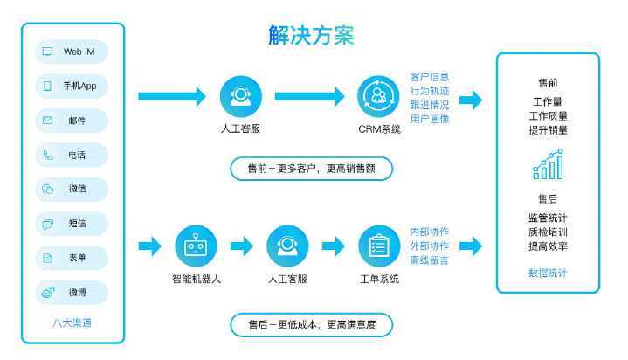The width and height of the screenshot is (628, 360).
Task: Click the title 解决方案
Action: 311,36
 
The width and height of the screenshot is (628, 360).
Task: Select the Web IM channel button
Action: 72,52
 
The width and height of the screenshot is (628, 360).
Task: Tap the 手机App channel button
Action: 72,86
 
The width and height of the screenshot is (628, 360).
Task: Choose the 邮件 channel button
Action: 72,121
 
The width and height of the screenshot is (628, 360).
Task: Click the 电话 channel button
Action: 72,155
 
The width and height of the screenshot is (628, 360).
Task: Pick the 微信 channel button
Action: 72,189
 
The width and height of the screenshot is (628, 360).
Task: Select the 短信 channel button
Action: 72,224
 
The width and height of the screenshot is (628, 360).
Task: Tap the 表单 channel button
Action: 72,258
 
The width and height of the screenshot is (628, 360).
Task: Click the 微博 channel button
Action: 72,292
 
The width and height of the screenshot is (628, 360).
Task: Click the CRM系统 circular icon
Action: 378,97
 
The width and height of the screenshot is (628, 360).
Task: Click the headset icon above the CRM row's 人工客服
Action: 240,97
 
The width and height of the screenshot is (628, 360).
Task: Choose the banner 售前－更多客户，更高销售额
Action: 311,169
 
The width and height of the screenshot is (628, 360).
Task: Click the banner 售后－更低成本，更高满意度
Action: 311,325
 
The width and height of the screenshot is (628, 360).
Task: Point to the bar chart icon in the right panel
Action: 548,163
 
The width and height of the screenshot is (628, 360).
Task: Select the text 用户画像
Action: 430,119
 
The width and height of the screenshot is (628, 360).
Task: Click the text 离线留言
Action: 430,260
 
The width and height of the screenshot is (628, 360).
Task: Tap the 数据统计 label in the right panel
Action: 548,273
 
